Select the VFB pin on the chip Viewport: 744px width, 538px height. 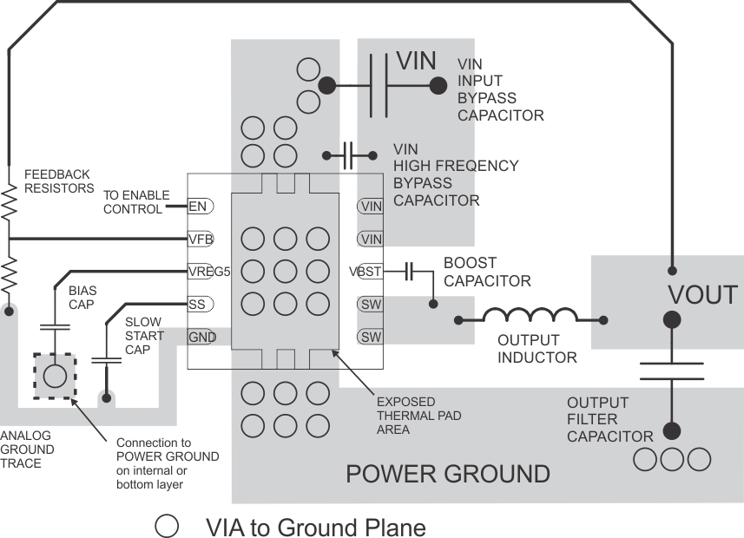pos(201,239)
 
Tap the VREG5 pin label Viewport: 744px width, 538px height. pos(208,271)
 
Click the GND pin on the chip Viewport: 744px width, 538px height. pos(201,337)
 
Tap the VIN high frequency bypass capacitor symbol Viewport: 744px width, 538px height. pos(349,155)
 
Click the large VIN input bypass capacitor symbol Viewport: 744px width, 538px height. pos(379,85)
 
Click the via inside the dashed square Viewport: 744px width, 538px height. pos(54,376)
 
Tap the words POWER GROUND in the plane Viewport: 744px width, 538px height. pos(447,474)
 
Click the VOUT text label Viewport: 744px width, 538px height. pos(702,295)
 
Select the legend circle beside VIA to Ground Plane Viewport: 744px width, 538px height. pos(168,527)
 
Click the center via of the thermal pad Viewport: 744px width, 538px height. pos(286,271)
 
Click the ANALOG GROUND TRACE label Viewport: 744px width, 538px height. pos(27,449)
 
